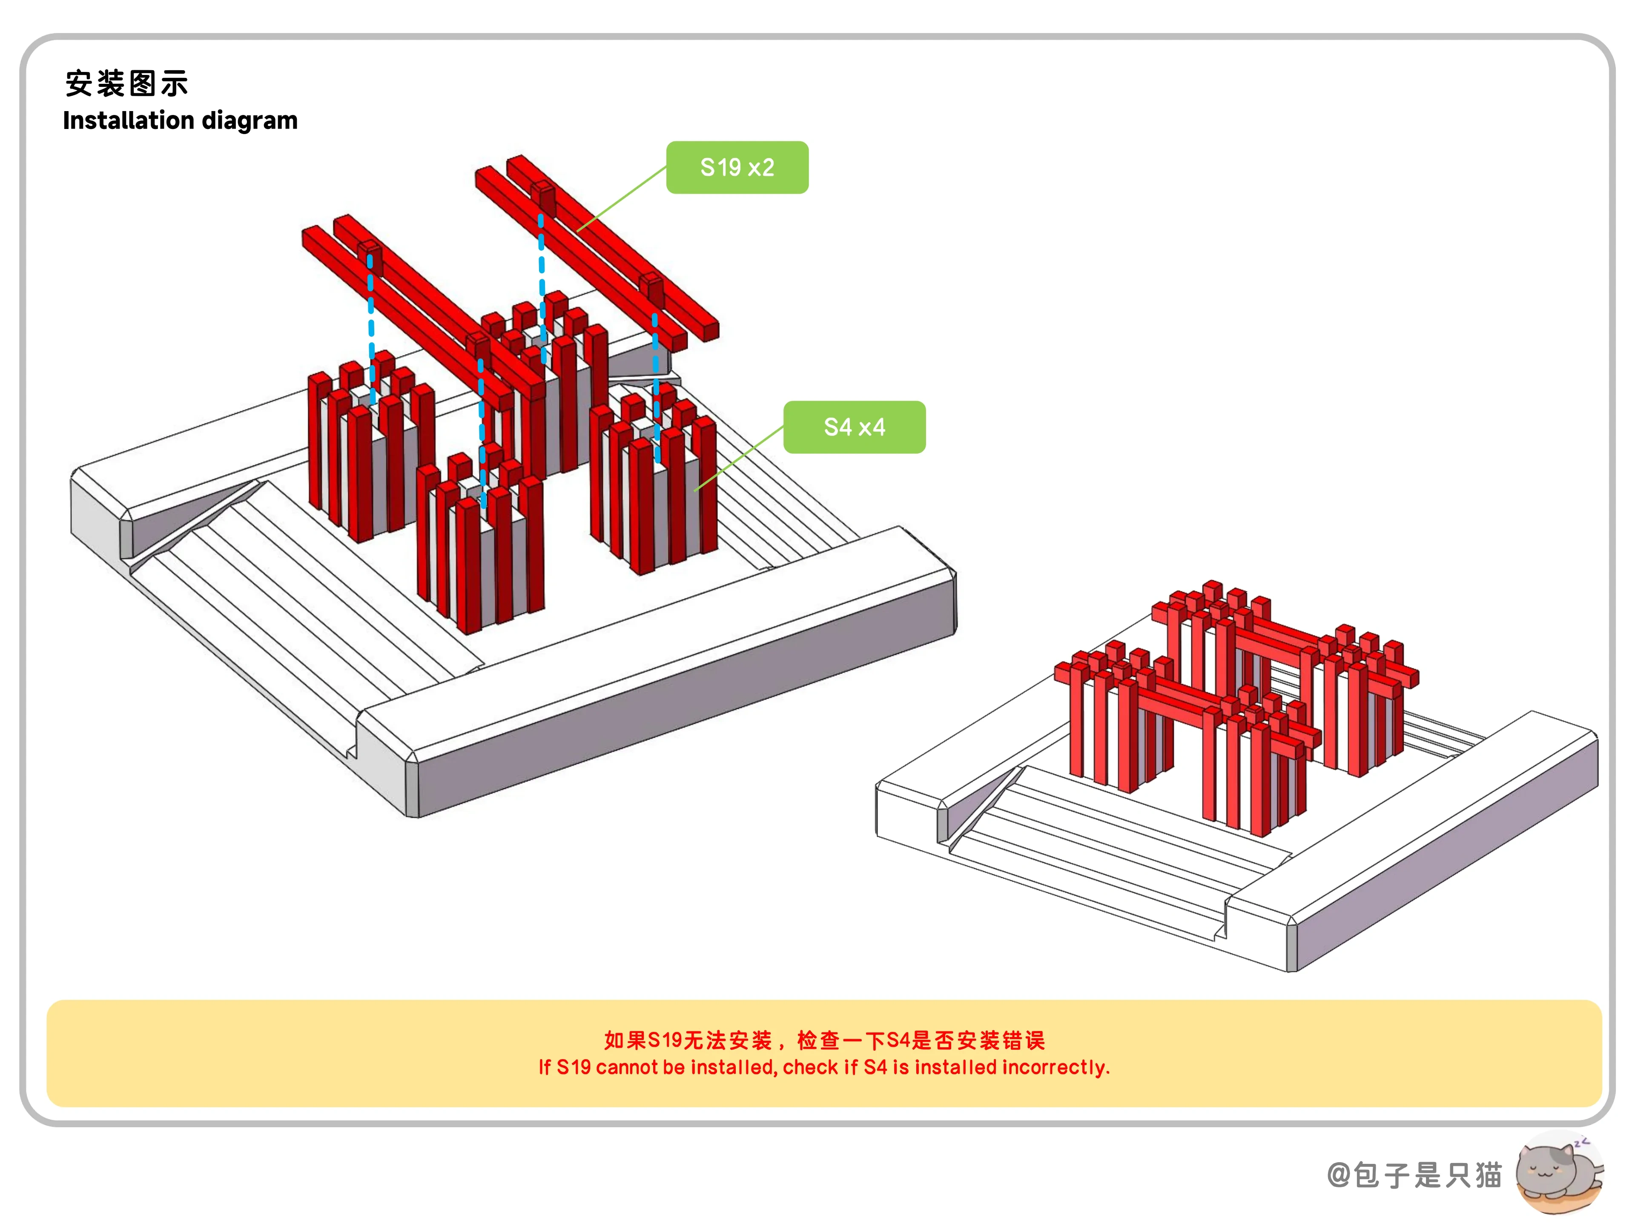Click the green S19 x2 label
[x=737, y=168]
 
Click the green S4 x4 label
[x=855, y=427]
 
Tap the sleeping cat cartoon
[x=1560, y=1172]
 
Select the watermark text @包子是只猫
[x=1414, y=1174]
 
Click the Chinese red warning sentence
[x=824, y=1040]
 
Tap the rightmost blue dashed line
[x=657, y=388]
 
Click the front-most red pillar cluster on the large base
[x=480, y=543]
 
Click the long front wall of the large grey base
[x=684, y=699]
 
